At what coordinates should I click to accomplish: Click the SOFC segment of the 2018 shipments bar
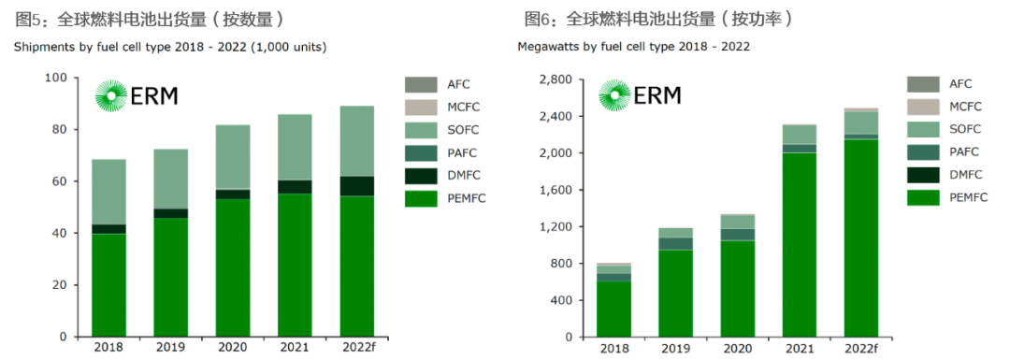108,192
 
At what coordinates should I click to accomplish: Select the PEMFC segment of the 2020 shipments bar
232,267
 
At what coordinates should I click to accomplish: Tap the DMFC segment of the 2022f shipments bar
356,186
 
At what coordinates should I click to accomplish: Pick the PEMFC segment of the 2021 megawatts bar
801,244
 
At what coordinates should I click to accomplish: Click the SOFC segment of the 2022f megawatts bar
861,122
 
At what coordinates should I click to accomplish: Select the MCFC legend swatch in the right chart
922,107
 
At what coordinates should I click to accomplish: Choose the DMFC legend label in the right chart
965,175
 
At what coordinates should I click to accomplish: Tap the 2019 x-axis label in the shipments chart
171,347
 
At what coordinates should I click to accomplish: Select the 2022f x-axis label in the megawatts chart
861,347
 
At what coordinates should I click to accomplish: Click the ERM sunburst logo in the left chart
111,95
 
